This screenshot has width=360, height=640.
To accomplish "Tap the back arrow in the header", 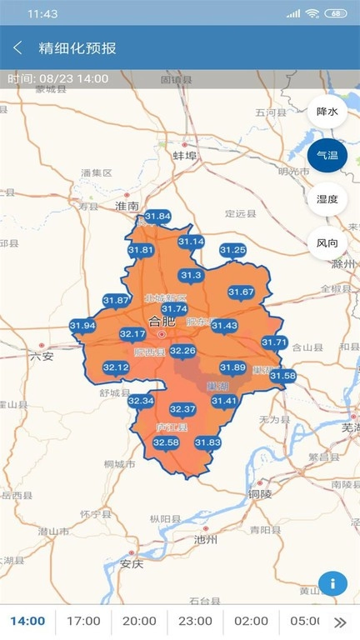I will tap(17, 47).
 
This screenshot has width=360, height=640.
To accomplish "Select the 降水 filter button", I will tap(327, 112).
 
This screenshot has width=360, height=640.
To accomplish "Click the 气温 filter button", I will tap(327, 156).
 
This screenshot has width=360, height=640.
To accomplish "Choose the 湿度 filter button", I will tap(327, 199).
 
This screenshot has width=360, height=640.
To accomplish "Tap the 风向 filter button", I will tap(327, 243).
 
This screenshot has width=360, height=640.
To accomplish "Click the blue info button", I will tap(332, 583).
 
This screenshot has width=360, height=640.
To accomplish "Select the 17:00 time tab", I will tap(83, 621).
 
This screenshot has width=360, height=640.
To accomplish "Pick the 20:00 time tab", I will tap(139, 621).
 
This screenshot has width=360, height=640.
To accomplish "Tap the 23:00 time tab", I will tap(195, 621).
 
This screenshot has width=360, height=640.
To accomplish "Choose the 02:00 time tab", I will tap(251, 621).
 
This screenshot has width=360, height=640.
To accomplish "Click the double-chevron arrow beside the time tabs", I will tap(340, 622).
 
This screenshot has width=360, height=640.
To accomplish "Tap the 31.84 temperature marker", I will tap(157, 217).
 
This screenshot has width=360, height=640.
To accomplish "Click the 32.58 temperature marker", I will tap(166, 442).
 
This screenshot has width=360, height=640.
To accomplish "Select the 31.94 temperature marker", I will tap(82, 326).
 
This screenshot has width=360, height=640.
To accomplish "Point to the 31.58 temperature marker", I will tap(282, 376).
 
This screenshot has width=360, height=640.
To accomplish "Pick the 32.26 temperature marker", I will tap(182, 352).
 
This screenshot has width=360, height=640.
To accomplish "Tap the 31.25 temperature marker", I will tap(232, 250).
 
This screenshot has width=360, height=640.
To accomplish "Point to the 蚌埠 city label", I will tap(184, 156).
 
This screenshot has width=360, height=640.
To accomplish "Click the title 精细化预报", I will tap(77, 47).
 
